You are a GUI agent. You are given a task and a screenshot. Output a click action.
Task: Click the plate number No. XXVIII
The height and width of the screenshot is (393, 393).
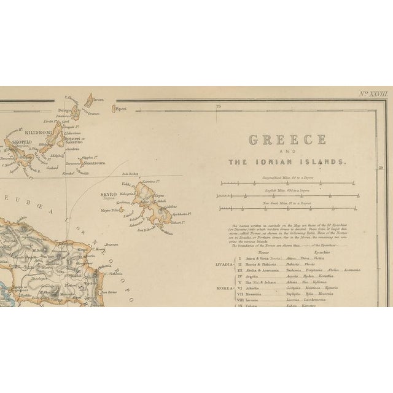click(374, 95)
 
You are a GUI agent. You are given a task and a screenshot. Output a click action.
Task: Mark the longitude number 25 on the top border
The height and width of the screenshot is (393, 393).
click(218, 106)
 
